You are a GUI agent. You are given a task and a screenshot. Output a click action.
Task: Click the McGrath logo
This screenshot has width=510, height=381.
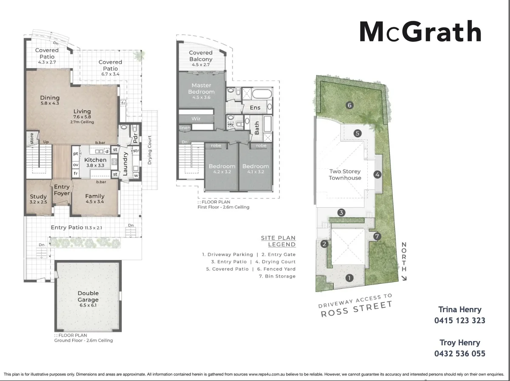pyautogui.click(x=420, y=32)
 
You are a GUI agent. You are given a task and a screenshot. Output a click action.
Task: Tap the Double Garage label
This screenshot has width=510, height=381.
pyautogui.click(x=88, y=296)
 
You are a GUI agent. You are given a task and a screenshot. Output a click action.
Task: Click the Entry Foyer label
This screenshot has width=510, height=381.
pyautogui.click(x=62, y=190)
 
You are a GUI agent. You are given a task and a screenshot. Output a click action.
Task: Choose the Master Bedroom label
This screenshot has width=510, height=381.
pyautogui.click(x=201, y=88)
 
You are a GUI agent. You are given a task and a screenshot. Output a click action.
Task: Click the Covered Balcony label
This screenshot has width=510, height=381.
pyautogui.click(x=200, y=56)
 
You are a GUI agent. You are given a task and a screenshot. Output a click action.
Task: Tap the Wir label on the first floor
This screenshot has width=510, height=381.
pyautogui.click(x=196, y=119)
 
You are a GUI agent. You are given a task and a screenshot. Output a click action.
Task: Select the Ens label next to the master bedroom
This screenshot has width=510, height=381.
pyautogui.click(x=255, y=107)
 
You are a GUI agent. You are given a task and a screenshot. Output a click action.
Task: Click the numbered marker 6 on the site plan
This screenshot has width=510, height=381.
pyautogui.click(x=349, y=105)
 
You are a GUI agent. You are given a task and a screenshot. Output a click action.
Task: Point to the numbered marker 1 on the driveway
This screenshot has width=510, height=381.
pyautogui.click(x=349, y=278)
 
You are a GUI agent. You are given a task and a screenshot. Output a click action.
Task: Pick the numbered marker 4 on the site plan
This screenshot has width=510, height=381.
pyautogui.click(x=377, y=174)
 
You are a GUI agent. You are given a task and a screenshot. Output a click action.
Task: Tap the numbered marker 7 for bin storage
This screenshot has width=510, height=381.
pyautogui.click(x=377, y=236)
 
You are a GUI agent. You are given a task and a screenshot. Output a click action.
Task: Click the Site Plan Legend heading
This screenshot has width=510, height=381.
pyautogui.click(x=278, y=241)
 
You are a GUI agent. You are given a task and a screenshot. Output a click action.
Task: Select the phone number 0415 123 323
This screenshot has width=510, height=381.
pyautogui.click(x=459, y=321)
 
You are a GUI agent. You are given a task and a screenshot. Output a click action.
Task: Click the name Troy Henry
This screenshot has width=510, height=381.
pyautogui.click(x=459, y=343)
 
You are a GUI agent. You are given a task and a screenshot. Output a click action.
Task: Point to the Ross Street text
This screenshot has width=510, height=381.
pyautogui.click(x=356, y=309)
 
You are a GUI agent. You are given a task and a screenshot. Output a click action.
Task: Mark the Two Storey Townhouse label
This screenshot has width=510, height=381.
pyautogui.click(x=345, y=175)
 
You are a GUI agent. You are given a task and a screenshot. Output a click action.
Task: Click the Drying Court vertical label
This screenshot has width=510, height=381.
pyautogui.click(x=149, y=151)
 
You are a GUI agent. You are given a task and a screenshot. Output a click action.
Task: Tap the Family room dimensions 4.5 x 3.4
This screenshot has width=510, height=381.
pyautogui.click(x=95, y=202)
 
